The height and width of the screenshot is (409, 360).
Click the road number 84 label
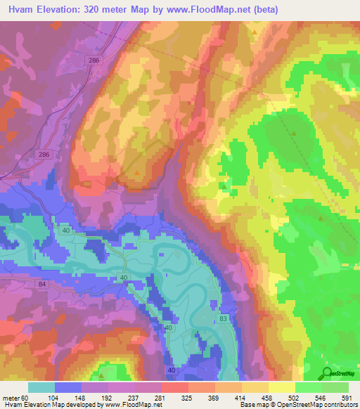point(42,284)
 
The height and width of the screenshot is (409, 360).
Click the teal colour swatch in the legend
point(41,387)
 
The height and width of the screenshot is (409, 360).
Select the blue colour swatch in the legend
point(68,387)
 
